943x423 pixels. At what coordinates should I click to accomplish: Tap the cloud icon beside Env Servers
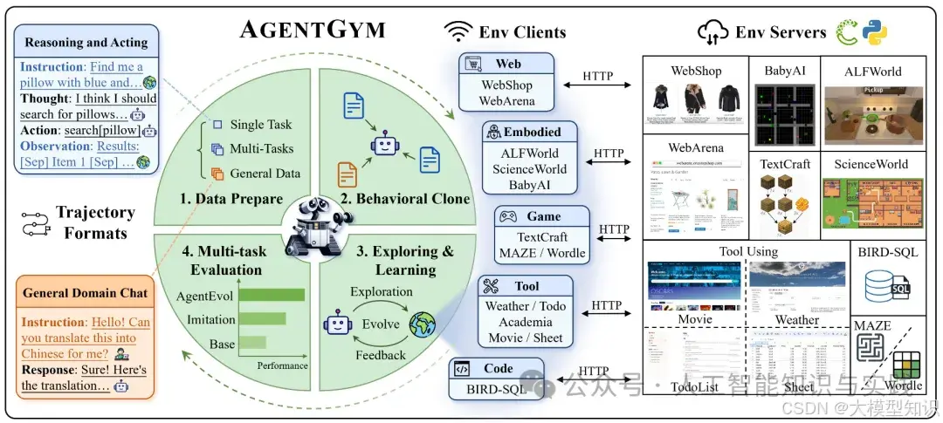click(712, 33)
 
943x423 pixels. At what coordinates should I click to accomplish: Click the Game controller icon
click(508, 216)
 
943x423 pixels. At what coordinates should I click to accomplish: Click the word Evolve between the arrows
click(381, 324)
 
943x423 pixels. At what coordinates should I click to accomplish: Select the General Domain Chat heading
click(86, 294)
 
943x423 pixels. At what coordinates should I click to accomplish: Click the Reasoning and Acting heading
click(86, 41)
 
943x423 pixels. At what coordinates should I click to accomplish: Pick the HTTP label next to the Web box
click(599, 76)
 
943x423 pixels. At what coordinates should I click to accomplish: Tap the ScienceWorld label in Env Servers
click(871, 164)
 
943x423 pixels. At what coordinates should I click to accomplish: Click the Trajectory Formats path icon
click(34, 223)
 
